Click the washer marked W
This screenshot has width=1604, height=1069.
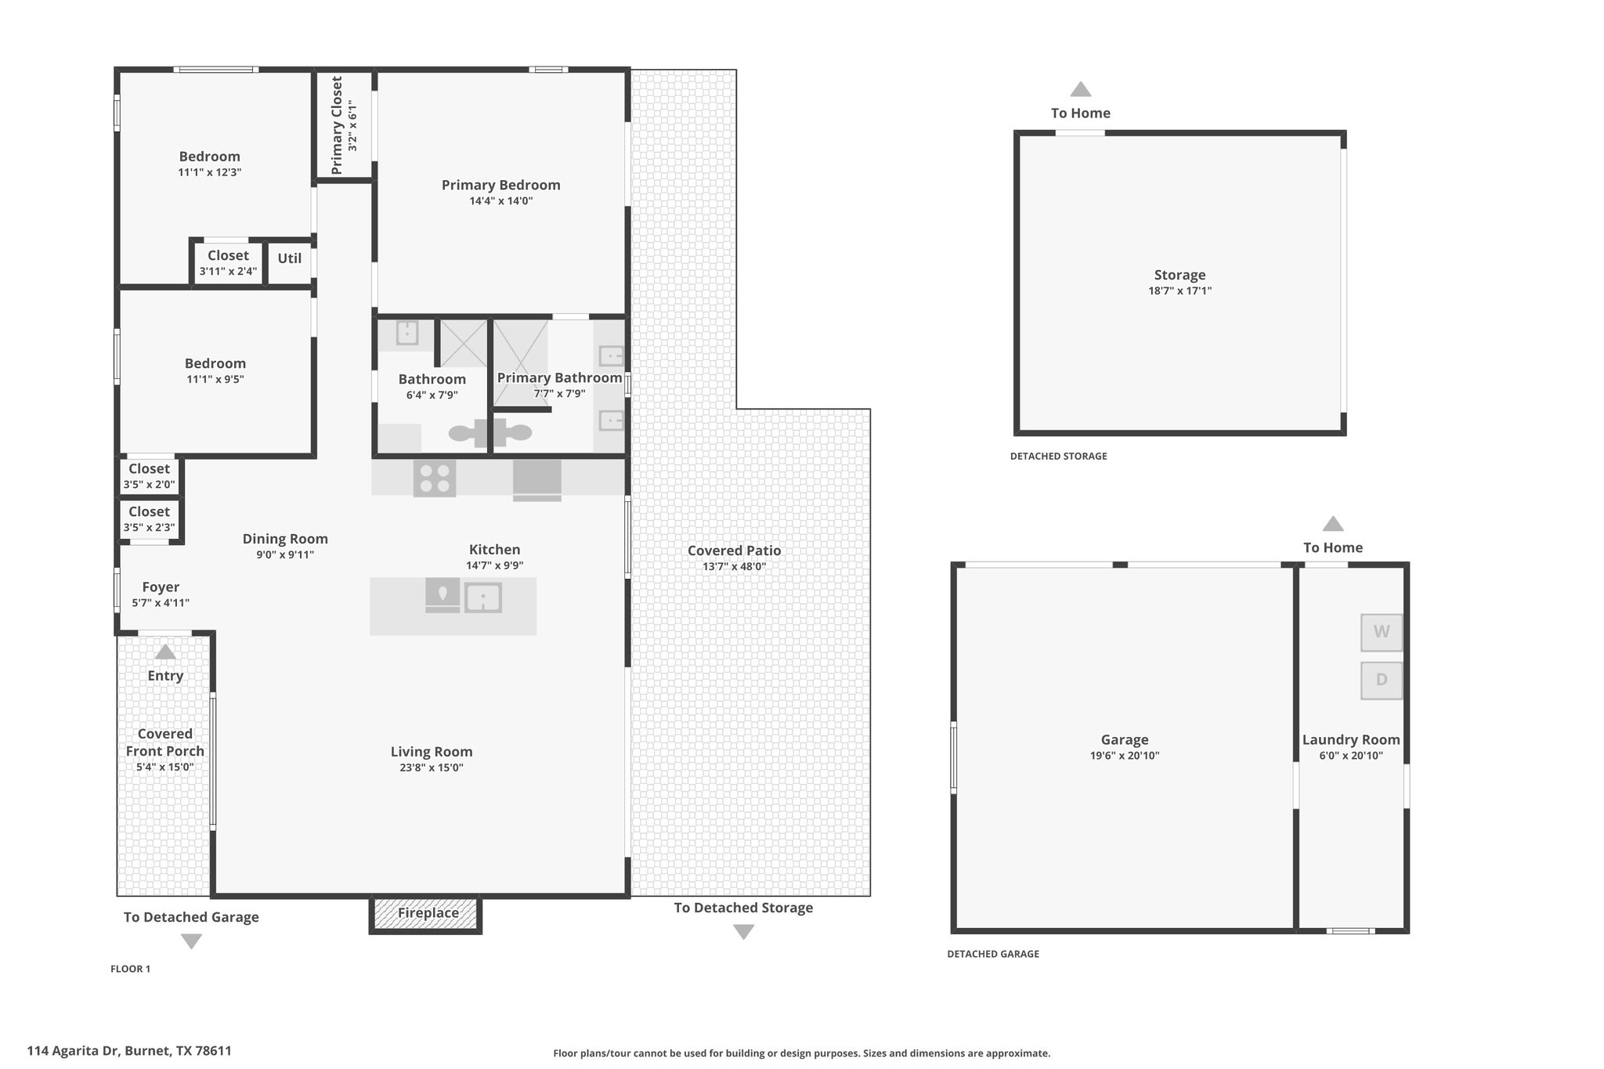(x=1382, y=632)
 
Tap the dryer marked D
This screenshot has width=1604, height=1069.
(x=1382, y=680)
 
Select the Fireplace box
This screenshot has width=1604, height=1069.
(x=425, y=913)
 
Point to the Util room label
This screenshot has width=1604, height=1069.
(x=290, y=258)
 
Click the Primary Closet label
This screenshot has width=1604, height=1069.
(x=338, y=125)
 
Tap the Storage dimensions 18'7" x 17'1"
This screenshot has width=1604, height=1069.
(x=1180, y=291)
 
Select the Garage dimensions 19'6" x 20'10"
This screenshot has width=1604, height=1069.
(x=1125, y=756)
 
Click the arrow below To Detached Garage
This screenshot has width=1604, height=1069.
(x=191, y=941)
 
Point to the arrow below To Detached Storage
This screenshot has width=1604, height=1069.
(x=743, y=932)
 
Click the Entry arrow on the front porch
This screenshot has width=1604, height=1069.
(x=165, y=652)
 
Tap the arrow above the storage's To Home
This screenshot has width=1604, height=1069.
(x=1081, y=89)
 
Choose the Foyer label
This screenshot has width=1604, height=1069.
(x=161, y=587)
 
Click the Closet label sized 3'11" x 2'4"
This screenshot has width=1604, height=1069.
(x=228, y=255)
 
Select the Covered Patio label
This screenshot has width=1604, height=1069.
(x=735, y=551)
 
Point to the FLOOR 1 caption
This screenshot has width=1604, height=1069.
(x=130, y=969)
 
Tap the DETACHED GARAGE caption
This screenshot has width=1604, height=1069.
(x=993, y=954)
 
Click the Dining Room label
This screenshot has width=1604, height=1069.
(x=285, y=539)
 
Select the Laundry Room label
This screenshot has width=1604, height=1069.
(x=1351, y=740)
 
